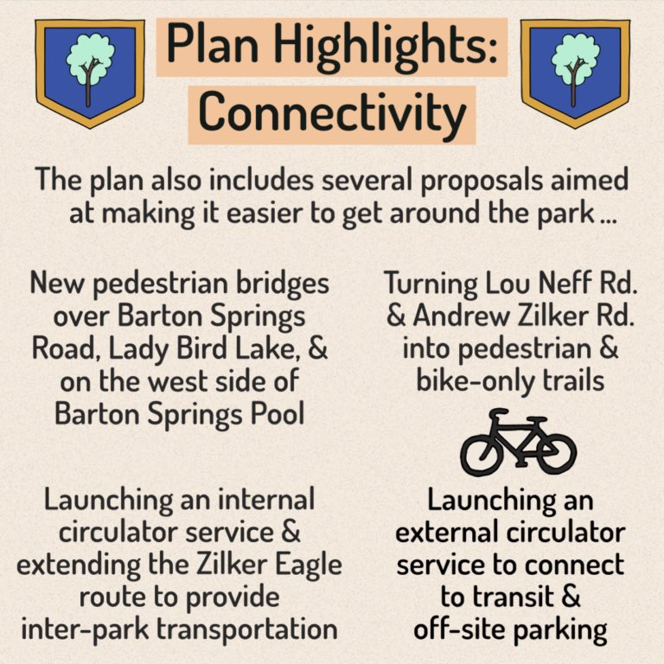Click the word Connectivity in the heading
(332, 112)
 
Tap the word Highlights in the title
(391, 44)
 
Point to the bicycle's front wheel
(552, 452)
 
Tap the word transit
(497, 597)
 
